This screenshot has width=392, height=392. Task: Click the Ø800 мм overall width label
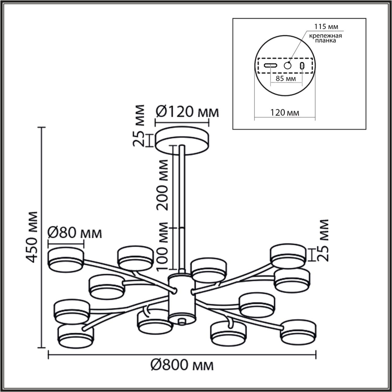(182, 371)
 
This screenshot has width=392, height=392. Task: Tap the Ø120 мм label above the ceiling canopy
(187, 112)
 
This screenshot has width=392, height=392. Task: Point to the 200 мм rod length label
(163, 185)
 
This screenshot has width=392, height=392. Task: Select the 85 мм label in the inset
(286, 78)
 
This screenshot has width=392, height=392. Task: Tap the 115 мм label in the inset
(326, 26)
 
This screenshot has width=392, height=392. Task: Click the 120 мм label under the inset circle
(285, 113)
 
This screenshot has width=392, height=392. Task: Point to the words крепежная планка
(326, 38)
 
